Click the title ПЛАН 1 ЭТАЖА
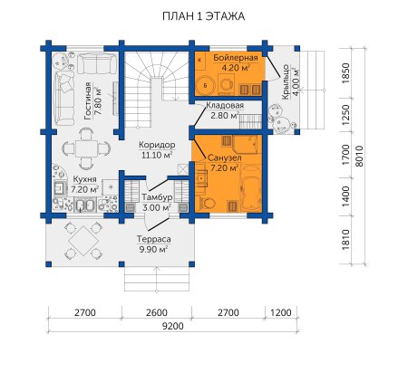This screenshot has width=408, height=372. (x=203, y=16)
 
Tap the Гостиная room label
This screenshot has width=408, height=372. (x=88, y=100)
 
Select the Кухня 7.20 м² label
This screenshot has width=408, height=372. (x=85, y=185)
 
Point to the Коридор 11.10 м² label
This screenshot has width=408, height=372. (x=157, y=149)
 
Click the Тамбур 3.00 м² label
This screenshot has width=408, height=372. (x=157, y=203)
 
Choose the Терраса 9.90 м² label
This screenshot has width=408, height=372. (x=154, y=244)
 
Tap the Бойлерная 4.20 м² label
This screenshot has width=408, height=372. (x=236, y=62)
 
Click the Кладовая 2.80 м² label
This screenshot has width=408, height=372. (x=225, y=110)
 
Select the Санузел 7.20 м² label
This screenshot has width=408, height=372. (x=224, y=163)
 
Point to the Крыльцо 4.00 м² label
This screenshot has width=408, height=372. (x=291, y=82)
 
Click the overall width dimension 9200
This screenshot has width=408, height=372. (x=173, y=326)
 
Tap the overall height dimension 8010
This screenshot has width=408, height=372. (x=359, y=156)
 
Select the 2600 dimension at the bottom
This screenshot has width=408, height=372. (x=157, y=312)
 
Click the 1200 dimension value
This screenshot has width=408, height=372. (x=281, y=312)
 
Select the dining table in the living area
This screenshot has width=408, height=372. (x=86, y=148)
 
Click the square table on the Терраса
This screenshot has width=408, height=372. (x=83, y=241)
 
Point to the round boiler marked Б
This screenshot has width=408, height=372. (x=206, y=85)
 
